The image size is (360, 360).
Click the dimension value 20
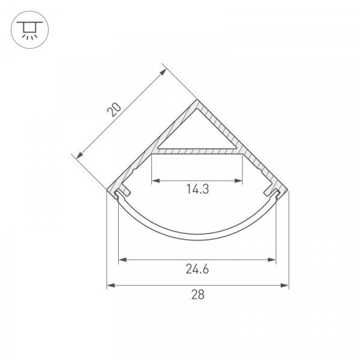pos(114,110)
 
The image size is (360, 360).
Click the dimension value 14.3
pos(197,189)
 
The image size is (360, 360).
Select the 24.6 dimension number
pos(197,269)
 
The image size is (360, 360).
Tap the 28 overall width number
pos(197,295)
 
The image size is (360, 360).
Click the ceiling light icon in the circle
pos(29,30)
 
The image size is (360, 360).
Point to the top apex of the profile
pos(197,99)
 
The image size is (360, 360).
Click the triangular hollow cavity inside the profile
pos(197,133)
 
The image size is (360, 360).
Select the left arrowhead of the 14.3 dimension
pos(155,181)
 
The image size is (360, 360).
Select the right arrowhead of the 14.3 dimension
pos(238,181)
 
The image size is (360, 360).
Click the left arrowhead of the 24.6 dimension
pos(122,260)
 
